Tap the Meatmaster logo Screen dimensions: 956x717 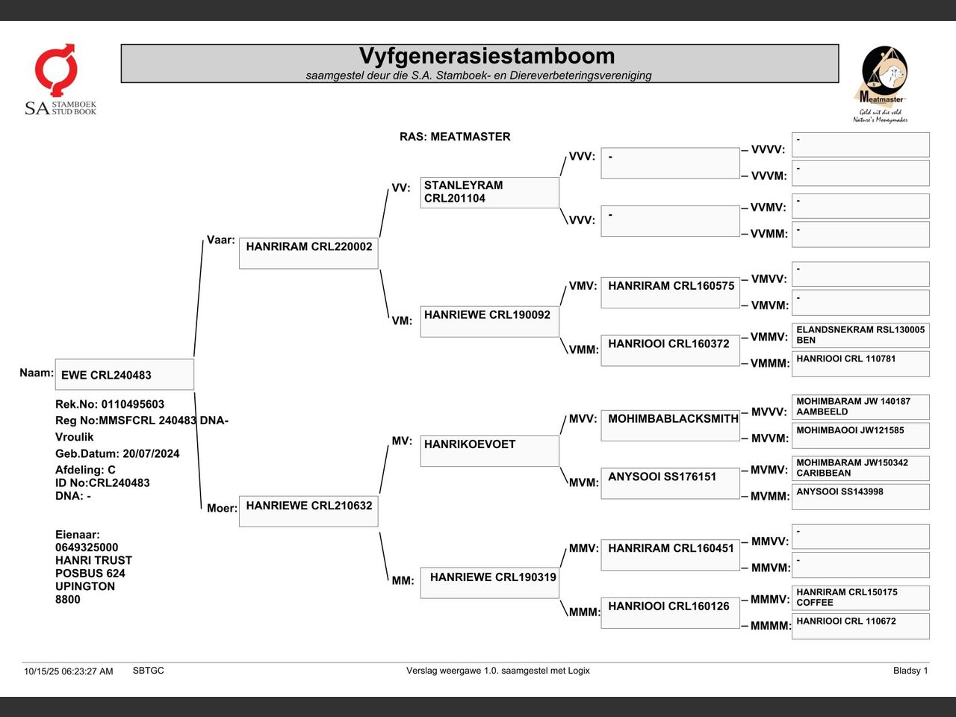click(881, 84)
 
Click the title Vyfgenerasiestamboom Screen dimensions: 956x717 click(487, 56)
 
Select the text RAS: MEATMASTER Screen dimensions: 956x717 click(455, 137)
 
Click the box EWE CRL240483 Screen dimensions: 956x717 click(125, 374)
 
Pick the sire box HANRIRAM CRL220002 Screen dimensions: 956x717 click(308, 253)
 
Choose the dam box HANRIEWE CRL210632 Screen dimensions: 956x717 click(308, 511)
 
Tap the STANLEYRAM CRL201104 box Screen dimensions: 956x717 click(489, 193)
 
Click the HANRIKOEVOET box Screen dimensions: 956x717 click(489, 451)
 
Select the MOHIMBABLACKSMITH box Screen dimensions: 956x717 click(670, 425)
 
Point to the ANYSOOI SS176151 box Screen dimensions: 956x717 click(670, 483)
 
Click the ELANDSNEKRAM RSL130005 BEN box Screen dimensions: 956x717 click(860, 335)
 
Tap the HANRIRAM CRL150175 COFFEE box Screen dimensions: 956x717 click(860, 597)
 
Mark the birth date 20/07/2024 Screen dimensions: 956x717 click(151, 453)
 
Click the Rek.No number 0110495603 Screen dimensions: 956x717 click(133, 404)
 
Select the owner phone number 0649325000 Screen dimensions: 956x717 click(87, 547)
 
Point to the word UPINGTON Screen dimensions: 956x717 click(85, 586)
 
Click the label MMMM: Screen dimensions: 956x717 click(771, 626)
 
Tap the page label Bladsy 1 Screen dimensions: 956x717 click(910, 671)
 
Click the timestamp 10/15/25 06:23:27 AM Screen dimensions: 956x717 click(69, 671)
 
